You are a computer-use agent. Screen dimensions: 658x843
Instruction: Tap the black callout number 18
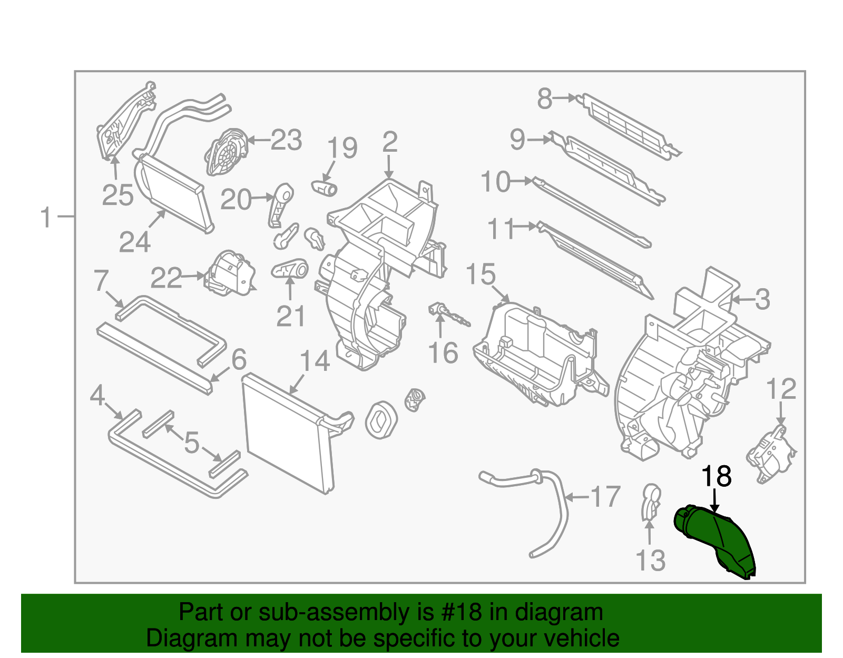pos(716,476)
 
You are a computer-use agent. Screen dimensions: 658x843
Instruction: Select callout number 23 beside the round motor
pos(286,140)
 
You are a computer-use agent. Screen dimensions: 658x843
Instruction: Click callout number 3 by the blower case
pos(762,300)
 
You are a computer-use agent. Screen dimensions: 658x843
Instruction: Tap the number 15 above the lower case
pos(481,275)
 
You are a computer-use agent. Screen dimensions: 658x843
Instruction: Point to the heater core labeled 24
pos(174,192)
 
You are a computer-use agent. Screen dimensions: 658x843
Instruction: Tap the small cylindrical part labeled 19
pos(325,187)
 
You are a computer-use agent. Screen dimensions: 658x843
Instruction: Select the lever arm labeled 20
pos(280,205)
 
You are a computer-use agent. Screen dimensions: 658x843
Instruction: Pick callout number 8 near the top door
pos(545,99)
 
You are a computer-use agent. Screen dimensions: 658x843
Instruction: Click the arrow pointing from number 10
pos(522,181)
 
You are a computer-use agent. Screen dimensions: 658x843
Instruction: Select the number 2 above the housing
pos(389,142)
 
